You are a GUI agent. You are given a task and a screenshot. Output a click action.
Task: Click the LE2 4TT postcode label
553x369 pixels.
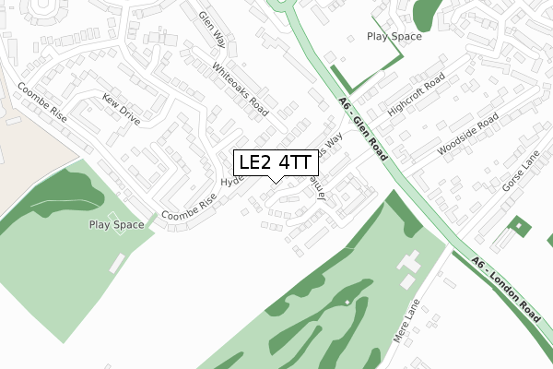(x=275, y=163)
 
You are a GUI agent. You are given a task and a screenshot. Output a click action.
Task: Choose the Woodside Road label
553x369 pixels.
(x=468, y=135)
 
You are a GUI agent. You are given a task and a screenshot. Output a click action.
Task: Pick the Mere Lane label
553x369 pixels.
(x=406, y=320)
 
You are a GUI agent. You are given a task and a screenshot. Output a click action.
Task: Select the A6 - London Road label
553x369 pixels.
(x=505, y=289)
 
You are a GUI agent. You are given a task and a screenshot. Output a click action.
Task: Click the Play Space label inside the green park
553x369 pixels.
(x=116, y=225)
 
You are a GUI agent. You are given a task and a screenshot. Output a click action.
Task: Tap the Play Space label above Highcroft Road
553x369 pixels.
(x=394, y=37)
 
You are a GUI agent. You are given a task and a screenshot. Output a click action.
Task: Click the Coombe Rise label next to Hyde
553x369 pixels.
(x=188, y=207)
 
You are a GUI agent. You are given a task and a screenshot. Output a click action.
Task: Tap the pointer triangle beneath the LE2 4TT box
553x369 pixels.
(x=275, y=180)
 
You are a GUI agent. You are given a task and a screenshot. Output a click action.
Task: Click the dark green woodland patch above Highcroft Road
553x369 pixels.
(x=427, y=12)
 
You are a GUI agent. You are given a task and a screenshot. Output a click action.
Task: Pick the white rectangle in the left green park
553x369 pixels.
(x=116, y=264)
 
